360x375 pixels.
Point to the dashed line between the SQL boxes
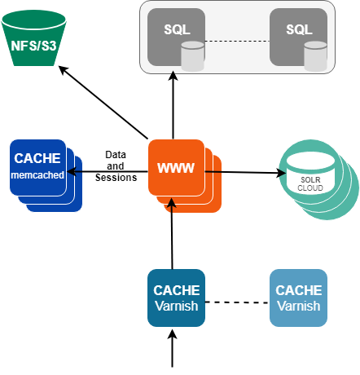point(237,41)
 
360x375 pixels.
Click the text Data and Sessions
point(114,166)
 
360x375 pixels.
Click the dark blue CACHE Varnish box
point(177,298)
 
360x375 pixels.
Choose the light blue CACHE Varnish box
point(298,298)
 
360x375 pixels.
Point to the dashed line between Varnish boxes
point(237,303)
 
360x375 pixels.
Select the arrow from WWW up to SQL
point(173,106)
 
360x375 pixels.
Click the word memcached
point(37,174)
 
